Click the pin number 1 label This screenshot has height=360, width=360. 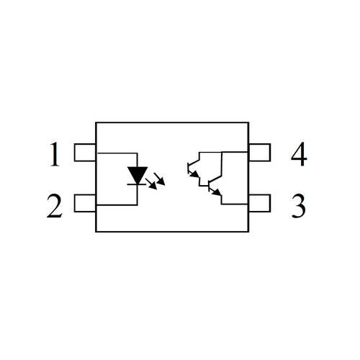(x=55, y=154)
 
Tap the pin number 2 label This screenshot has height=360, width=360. (x=55, y=206)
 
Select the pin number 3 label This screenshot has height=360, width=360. (x=298, y=206)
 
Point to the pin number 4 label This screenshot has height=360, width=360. (x=299, y=154)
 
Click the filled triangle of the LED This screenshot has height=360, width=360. (x=138, y=175)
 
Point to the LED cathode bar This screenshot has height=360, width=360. (x=136, y=184)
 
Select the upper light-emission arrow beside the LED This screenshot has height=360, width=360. (x=160, y=179)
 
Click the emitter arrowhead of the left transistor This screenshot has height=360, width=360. (x=195, y=174)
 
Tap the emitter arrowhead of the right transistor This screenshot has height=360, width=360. (x=217, y=192)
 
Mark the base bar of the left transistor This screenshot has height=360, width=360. (x=188, y=168)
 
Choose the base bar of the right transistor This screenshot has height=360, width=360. (x=209, y=186)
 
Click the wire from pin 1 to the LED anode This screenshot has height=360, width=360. (x=117, y=153)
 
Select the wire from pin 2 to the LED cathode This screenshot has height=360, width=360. (x=117, y=205)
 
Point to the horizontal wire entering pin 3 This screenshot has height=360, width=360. (x=235, y=204)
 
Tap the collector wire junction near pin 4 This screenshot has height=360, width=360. (x=222, y=152)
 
